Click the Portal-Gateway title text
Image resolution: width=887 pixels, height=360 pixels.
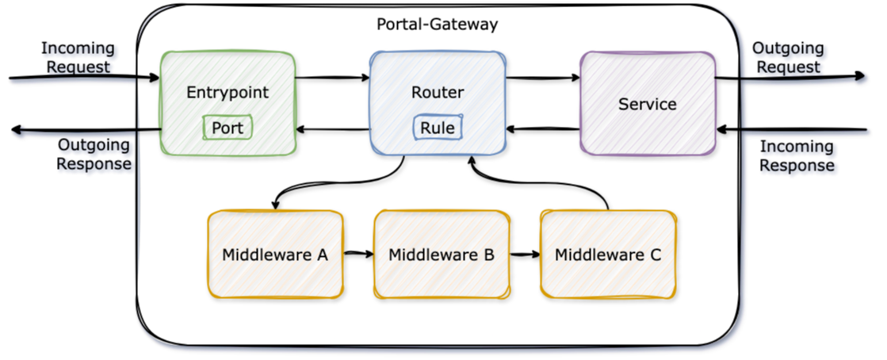pyautogui.click(x=437, y=25)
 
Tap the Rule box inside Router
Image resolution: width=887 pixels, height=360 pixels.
pyautogui.click(x=437, y=128)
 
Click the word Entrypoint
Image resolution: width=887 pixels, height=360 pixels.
pyautogui.click(x=227, y=92)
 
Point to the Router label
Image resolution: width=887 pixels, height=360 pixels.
pyautogui.click(x=438, y=92)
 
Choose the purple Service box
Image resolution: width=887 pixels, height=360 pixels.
pyautogui.click(x=647, y=104)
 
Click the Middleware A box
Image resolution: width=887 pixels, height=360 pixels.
pyautogui.click(x=274, y=255)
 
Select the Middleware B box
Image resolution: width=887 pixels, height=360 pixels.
pyautogui.click(x=442, y=255)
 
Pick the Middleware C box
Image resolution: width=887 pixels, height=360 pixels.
pyautogui.click(x=608, y=255)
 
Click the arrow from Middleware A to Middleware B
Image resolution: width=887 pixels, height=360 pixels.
pyautogui.click(x=358, y=255)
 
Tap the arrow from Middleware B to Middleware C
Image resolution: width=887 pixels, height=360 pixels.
pyautogui.click(x=525, y=255)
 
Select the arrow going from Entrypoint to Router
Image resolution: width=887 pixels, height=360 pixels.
pyautogui.click(x=333, y=78)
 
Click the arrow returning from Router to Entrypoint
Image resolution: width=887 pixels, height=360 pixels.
pyautogui.click(x=333, y=129)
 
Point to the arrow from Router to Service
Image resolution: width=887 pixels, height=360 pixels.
pyautogui.click(x=542, y=78)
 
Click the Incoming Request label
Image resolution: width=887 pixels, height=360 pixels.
pyautogui.click(x=80, y=59)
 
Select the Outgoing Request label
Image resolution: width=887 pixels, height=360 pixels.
pyautogui.click(x=789, y=59)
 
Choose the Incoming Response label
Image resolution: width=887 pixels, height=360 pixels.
pyautogui.click(x=797, y=156)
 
